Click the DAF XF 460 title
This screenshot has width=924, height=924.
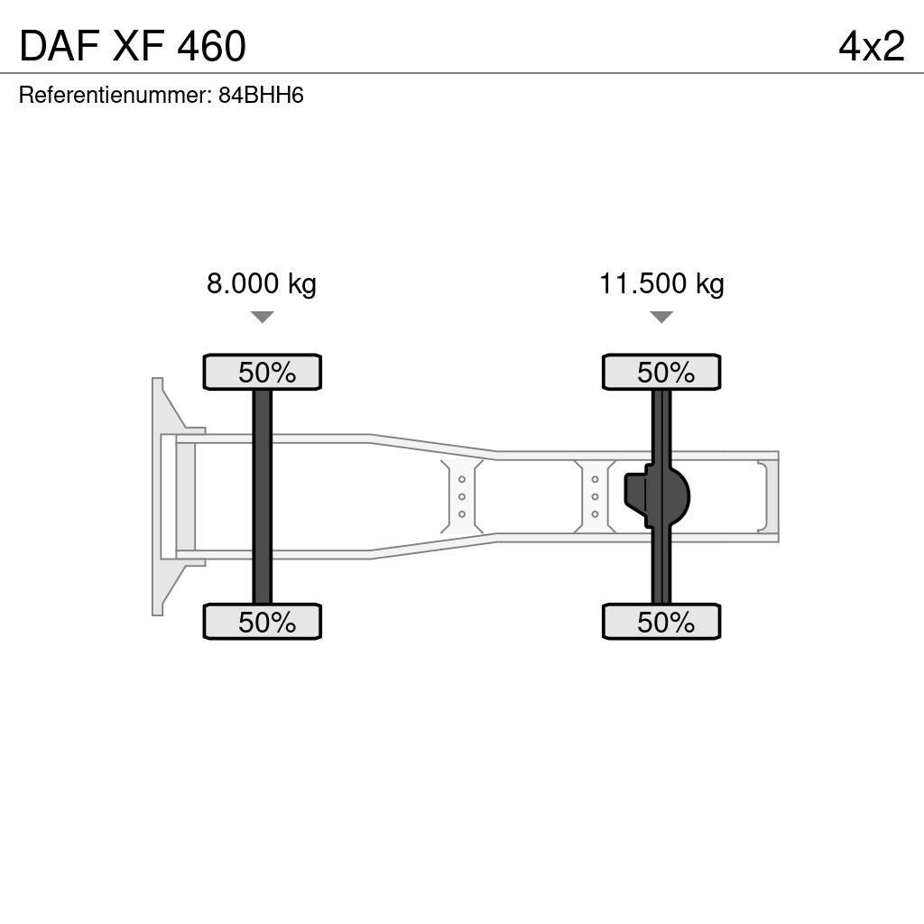click(x=133, y=46)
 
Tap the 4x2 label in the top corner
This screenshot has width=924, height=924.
click(x=872, y=46)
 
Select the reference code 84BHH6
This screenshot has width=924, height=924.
click(x=261, y=95)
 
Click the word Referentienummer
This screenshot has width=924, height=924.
click(x=115, y=95)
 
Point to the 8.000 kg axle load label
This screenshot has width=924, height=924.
click(x=261, y=283)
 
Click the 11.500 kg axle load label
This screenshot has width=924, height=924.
click(x=661, y=283)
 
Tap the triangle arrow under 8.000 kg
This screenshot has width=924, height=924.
click(x=263, y=317)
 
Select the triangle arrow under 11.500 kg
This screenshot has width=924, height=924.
click(x=661, y=317)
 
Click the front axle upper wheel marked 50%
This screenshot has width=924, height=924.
click(x=263, y=372)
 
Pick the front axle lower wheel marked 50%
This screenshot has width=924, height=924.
click(x=263, y=622)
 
